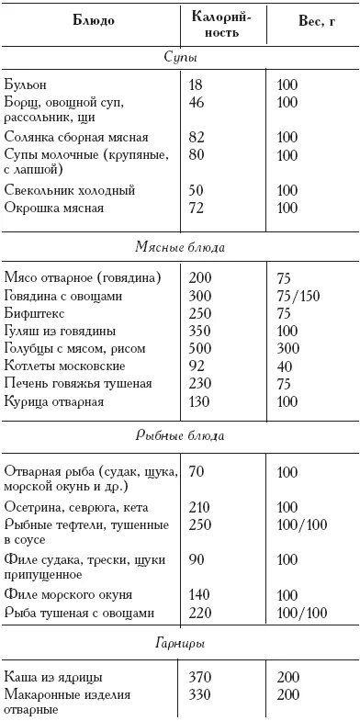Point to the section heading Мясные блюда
click(179, 247)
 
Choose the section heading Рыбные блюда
click(179, 435)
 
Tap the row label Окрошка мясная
click(54, 208)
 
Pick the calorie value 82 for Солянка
click(196, 137)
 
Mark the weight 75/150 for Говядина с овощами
click(298, 297)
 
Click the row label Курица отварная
click(54, 401)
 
